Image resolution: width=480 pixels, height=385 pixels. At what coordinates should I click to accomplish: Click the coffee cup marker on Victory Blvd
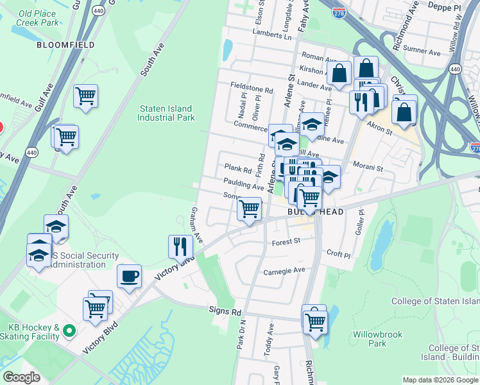(130, 276)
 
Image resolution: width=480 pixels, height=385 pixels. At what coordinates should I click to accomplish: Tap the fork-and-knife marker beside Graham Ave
(180, 246)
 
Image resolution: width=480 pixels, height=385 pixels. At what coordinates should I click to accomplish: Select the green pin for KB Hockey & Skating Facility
(69, 331)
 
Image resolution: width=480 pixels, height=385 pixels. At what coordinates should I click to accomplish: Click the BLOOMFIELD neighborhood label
(65, 45)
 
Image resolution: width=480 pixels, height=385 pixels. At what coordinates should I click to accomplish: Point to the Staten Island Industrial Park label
(167, 113)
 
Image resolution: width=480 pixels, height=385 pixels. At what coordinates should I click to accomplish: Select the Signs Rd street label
(225, 311)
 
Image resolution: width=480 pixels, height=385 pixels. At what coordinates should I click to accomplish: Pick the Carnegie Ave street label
(284, 271)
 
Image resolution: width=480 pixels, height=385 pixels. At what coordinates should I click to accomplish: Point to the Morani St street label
(368, 168)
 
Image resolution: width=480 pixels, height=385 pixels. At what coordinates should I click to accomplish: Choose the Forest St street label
(286, 242)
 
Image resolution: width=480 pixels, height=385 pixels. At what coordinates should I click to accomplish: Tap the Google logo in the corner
(22, 377)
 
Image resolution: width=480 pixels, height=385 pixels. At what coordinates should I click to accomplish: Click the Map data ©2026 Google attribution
(440, 380)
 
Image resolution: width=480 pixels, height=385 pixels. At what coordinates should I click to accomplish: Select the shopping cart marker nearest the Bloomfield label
(85, 97)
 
